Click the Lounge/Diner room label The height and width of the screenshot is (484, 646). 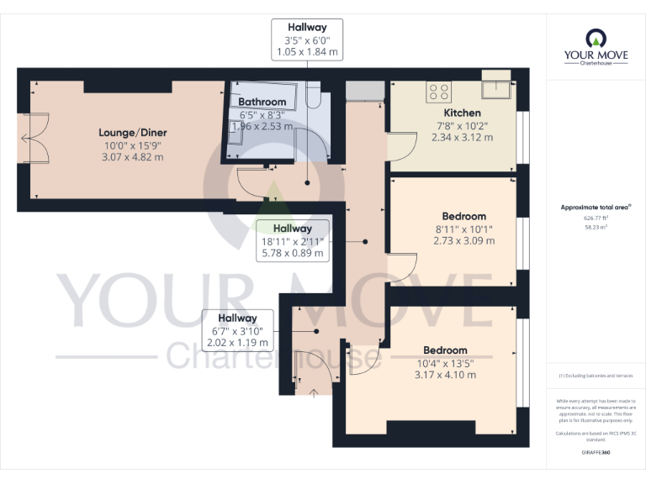pyautogui.click(x=132, y=132)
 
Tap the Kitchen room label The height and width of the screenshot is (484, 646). pyautogui.click(x=462, y=113)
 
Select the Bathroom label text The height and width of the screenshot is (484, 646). pyautogui.click(x=262, y=102)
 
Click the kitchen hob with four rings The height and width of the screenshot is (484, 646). pyautogui.click(x=438, y=90)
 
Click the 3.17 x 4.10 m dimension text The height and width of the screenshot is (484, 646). pyautogui.click(x=445, y=375)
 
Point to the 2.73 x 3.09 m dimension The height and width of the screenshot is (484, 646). pyautogui.click(x=463, y=241)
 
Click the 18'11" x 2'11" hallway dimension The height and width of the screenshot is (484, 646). pyautogui.click(x=292, y=241)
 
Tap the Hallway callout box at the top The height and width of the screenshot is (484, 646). pyautogui.click(x=307, y=39)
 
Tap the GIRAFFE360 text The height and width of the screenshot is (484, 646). pyautogui.click(x=596, y=453)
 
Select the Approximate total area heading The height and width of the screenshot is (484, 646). pyautogui.click(x=595, y=207)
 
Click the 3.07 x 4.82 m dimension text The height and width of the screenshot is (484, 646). pyautogui.click(x=132, y=157)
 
